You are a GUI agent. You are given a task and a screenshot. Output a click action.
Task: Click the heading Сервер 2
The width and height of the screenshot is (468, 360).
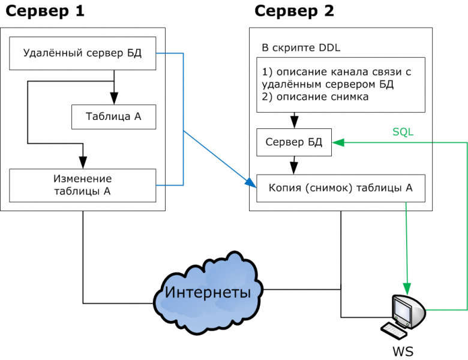295,11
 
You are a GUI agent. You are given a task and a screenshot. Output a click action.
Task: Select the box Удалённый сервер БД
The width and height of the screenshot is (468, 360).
83,53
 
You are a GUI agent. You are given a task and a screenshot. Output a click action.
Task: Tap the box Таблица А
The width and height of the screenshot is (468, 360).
113,116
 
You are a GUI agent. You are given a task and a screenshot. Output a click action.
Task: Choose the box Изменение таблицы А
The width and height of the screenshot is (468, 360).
83,185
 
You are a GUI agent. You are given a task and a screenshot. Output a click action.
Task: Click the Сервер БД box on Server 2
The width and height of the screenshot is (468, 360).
294,143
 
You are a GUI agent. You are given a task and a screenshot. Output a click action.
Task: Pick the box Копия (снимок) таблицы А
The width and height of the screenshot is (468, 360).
341,188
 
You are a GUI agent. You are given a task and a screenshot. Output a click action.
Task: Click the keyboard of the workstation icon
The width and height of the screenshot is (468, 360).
394,331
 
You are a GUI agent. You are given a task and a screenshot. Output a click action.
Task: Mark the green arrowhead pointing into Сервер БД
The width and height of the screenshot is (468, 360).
337,143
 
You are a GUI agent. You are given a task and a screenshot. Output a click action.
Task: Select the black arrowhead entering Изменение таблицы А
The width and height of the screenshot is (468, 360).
83,163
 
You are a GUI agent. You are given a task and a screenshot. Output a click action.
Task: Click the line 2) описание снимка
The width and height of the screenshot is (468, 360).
316,96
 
